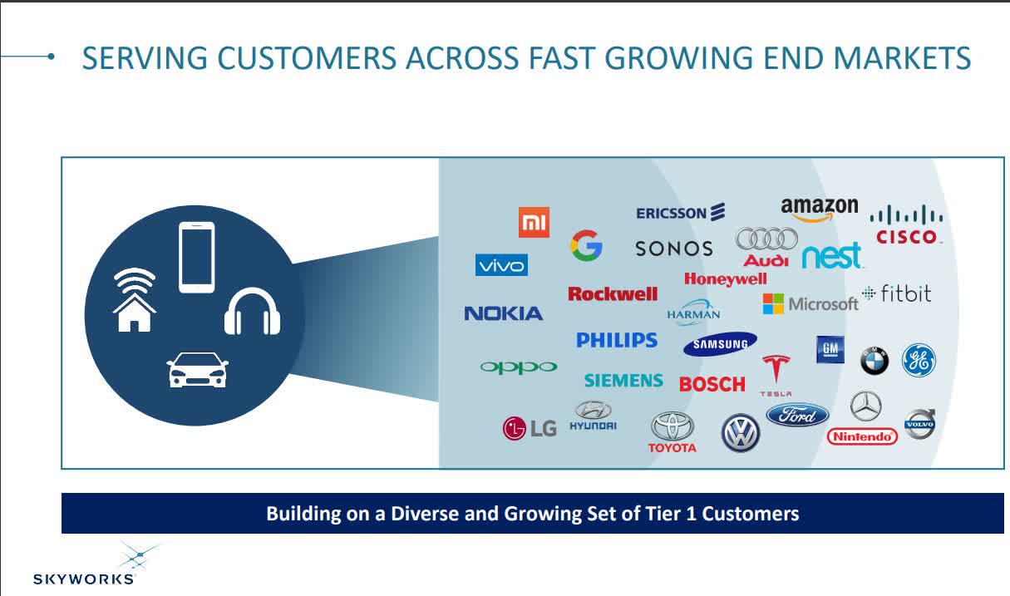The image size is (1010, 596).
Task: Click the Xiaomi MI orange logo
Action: pyautogui.click(x=534, y=222)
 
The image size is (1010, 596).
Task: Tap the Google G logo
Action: pyautogui.click(x=586, y=246)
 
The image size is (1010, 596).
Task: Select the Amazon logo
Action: pyautogui.click(x=819, y=209)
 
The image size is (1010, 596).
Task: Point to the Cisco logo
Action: pyautogui.click(x=906, y=225)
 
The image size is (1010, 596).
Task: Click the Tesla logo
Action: pyautogui.click(x=776, y=373)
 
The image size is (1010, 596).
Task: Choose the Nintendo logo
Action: pyautogui.click(x=863, y=436)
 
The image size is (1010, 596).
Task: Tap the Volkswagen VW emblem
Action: pyautogui.click(x=741, y=433)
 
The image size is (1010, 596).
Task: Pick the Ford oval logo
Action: pyautogui.click(x=797, y=415)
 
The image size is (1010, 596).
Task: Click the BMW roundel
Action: pyautogui.click(x=874, y=360)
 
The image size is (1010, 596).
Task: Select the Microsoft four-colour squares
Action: pyautogui.click(x=773, y=303)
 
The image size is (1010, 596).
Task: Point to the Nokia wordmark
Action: pyautogui.click(x=503, y=313)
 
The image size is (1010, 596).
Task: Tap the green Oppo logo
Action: pyautogui.click(x=519, y=367)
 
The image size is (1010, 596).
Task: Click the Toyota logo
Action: pyautogui.click(x=673, y=433)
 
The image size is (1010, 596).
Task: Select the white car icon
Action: pyautogui.click(x=197, y=370)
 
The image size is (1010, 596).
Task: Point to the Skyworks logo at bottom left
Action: pyautogui.click(x=83, y=565)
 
